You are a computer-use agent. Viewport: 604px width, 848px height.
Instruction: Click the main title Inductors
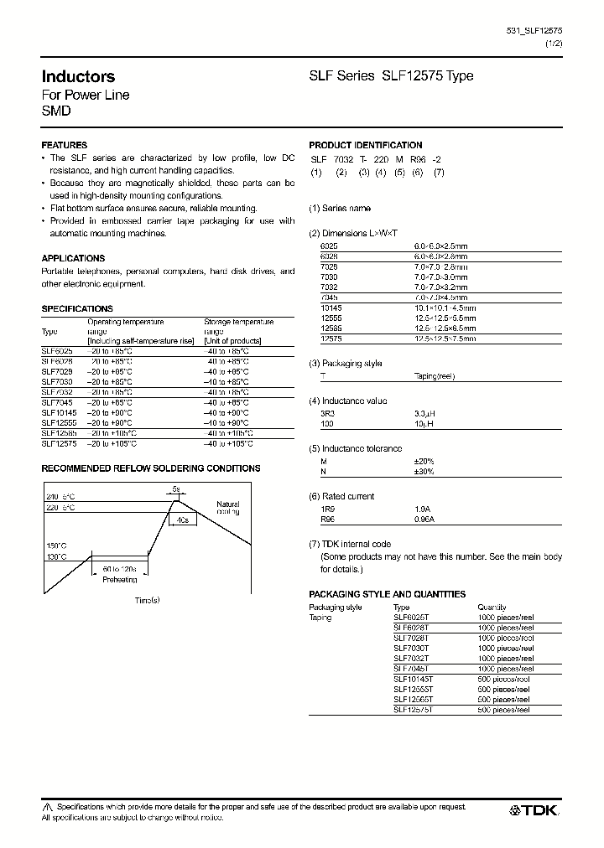tap(78, 76)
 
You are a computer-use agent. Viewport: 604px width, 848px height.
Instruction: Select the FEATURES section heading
tap(65, 145)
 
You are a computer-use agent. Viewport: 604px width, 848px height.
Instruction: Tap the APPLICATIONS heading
tap(73, 259)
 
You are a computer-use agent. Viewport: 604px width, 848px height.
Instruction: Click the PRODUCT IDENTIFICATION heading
tap(366, 145)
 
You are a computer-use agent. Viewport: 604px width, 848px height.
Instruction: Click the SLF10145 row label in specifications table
tap(59, 413)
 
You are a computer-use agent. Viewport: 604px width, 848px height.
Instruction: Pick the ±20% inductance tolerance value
tap(424, 461)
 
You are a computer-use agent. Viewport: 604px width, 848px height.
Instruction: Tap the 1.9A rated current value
tap(421, 508)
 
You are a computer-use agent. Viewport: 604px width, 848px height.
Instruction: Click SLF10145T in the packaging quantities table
tap(412, 680)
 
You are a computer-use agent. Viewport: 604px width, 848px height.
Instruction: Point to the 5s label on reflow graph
tap(175, 490)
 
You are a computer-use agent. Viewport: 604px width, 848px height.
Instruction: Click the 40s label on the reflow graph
tap(182, 520)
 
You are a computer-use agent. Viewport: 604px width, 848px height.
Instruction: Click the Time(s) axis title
tap(147, 600)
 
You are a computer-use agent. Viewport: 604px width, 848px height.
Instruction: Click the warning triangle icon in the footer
tap(47, 806)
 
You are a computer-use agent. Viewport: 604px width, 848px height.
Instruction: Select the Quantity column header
tap(492, 607)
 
